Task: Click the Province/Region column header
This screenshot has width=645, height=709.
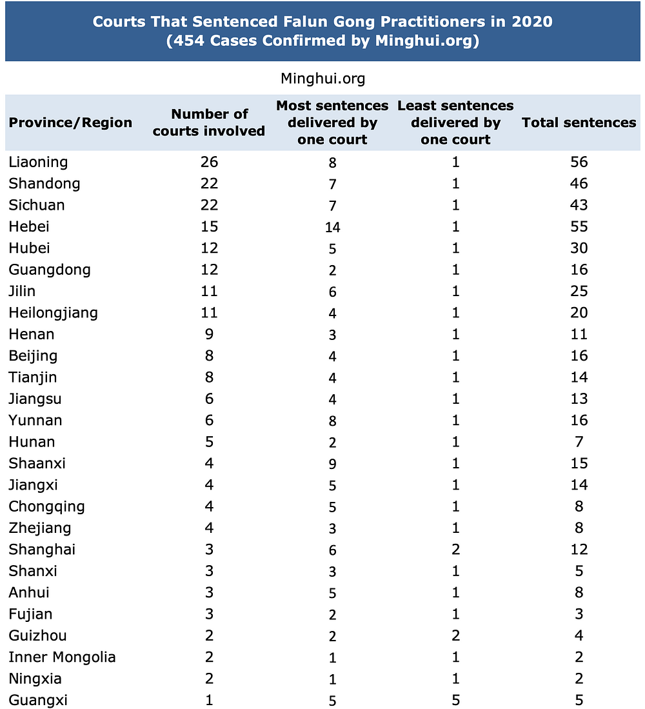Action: [70, 123]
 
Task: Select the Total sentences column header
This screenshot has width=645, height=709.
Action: [579, 123]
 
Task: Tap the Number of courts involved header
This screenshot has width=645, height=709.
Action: [209, 123]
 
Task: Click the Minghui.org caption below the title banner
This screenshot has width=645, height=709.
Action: [322, 79]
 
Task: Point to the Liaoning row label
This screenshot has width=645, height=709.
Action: [38, 162]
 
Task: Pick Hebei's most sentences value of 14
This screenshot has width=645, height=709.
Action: [333, 227]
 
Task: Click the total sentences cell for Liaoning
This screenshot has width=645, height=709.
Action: [579, 162]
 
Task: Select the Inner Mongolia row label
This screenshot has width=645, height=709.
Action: [62, 657]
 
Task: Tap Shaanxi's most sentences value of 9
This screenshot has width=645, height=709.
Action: [333, 464]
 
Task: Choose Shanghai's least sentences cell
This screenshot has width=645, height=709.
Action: [455, 550]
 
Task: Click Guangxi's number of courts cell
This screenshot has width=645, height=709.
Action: [209, 701]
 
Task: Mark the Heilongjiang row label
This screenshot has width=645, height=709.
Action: [53, 313]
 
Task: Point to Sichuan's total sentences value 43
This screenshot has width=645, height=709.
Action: [579, 205]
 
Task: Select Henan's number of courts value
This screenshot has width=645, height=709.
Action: [209, 334]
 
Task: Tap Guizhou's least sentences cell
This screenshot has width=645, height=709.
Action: [455, 636]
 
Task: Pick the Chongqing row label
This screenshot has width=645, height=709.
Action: [46, 506]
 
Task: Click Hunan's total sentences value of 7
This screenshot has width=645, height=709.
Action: [579, 442]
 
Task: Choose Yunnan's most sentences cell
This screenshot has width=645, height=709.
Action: [333, 421]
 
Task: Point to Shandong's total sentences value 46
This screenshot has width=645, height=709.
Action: [579, 183]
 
